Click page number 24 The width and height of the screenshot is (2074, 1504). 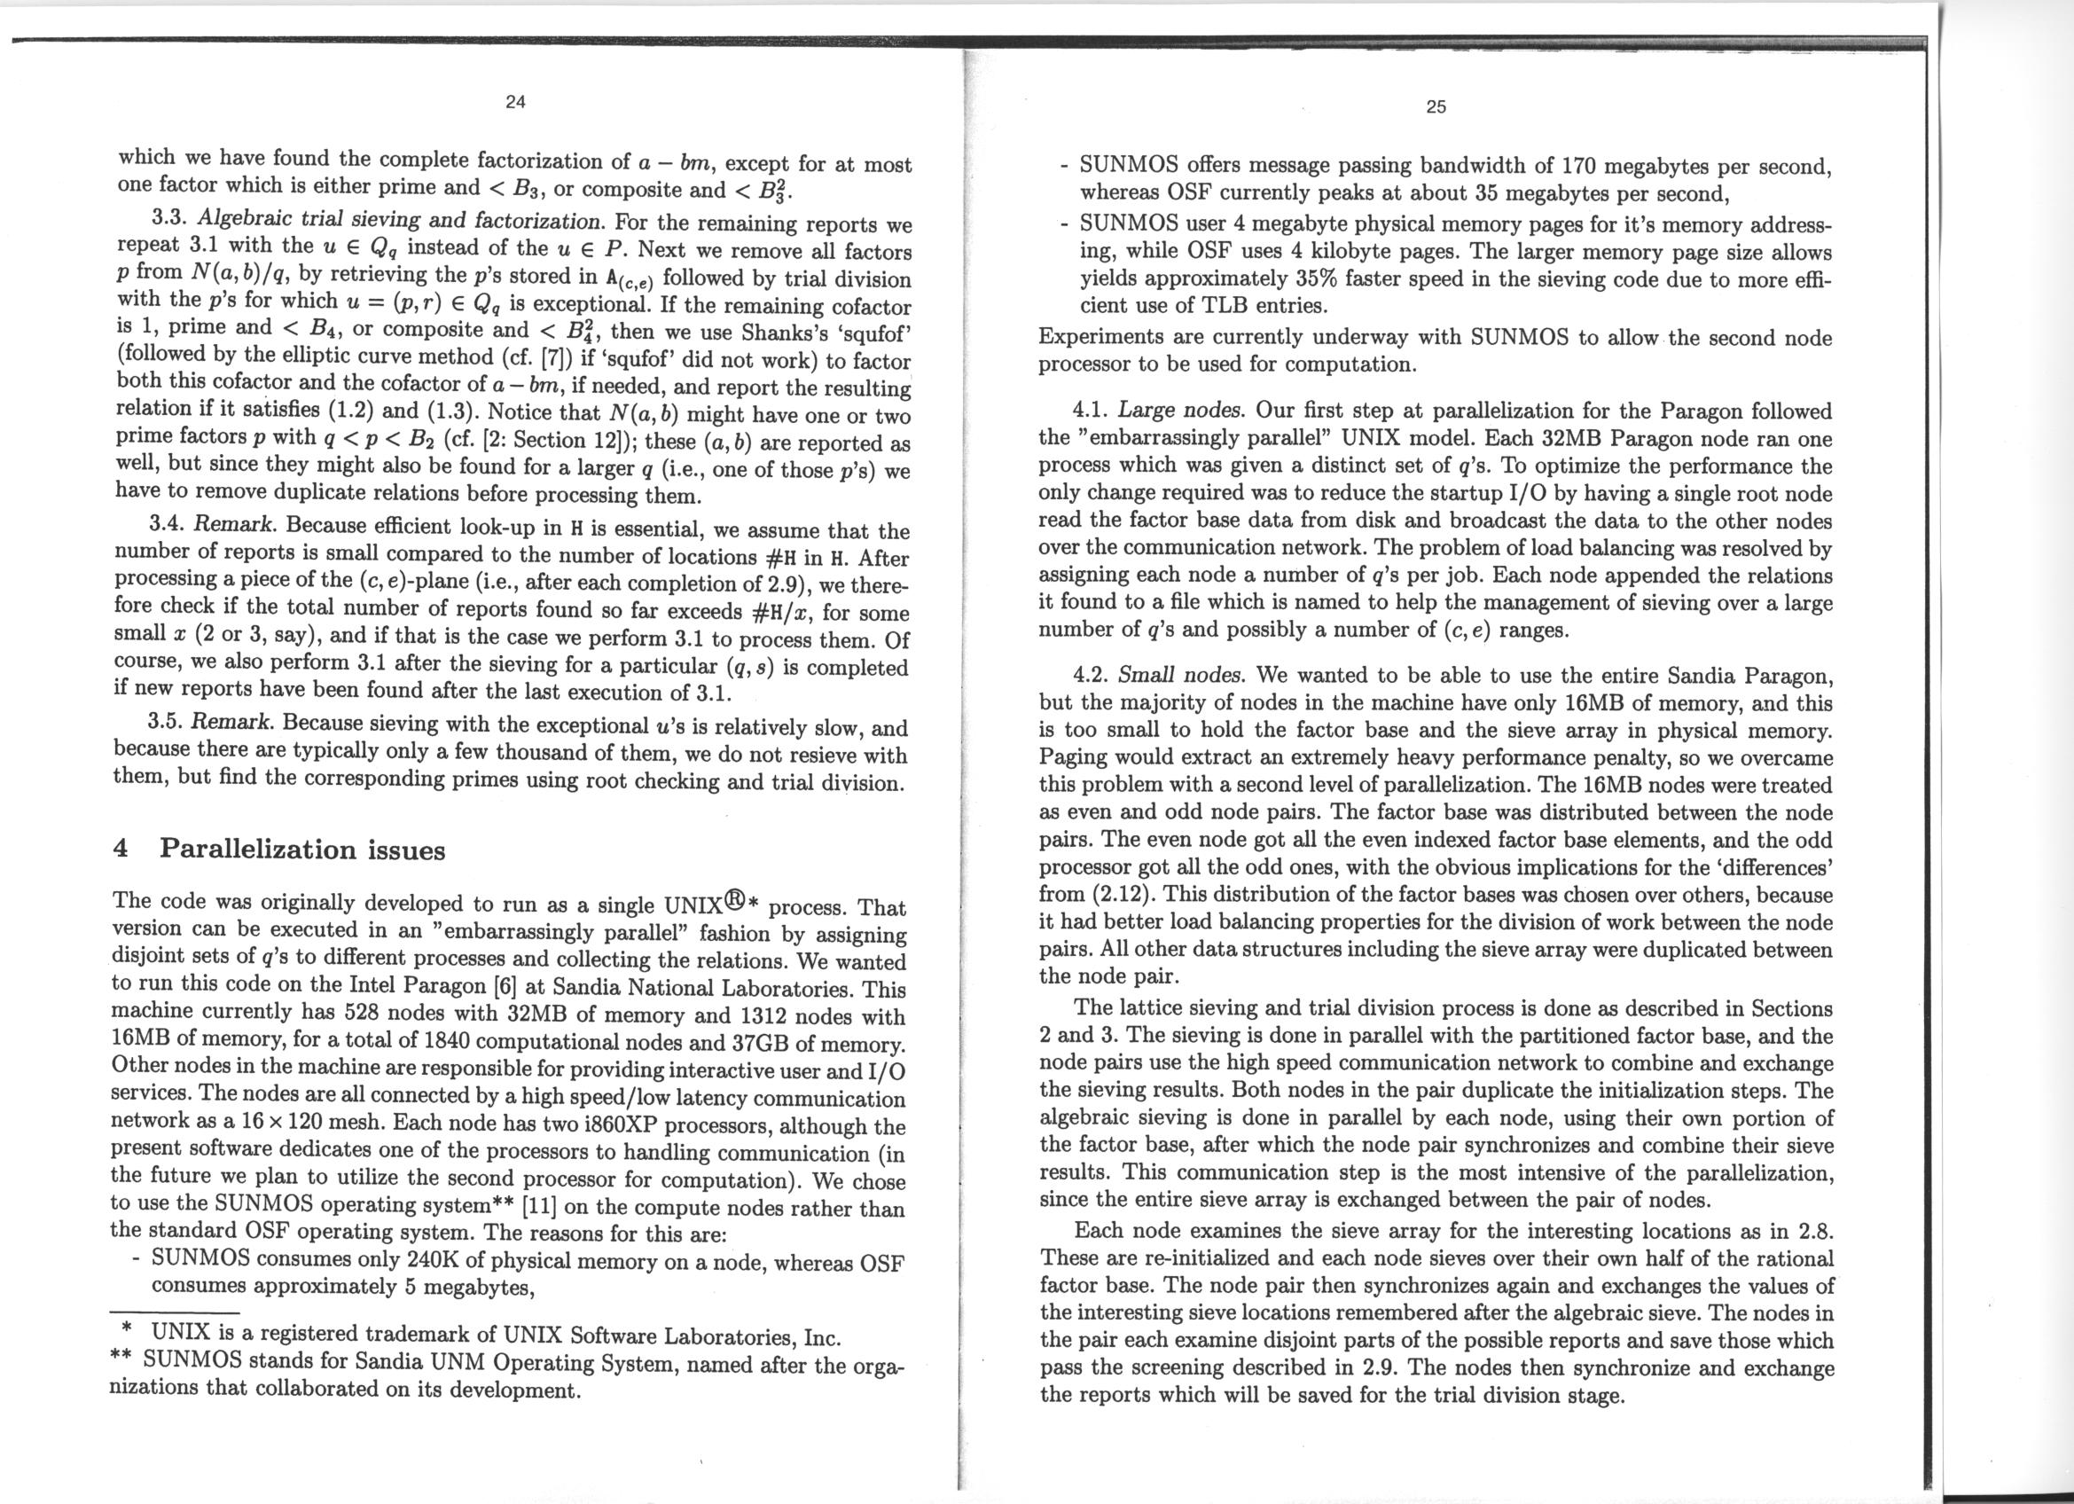515,101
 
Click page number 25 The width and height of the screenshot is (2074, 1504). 1436,107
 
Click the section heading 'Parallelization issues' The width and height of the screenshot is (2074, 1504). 301,850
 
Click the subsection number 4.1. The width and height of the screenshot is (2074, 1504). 1089,411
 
